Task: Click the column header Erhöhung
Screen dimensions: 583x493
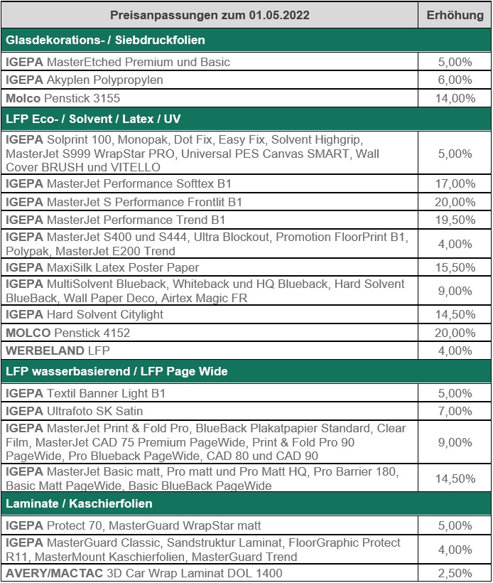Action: click(455, 16)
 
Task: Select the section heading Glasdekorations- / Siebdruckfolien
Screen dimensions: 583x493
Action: click(106, 41)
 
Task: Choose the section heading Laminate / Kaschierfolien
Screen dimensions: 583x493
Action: click(79, 503)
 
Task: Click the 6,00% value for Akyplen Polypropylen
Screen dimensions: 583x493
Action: click(455, 80)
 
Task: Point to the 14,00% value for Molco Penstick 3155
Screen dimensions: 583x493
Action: click(455, 98)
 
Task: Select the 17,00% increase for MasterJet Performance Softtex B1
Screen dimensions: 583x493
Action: click(455, 184)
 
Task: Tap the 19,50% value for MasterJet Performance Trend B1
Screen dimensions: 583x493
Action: click(455, 220)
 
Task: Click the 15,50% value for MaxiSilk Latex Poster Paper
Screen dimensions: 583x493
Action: click(455, 267)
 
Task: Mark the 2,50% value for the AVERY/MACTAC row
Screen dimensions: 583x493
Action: click(455, 573)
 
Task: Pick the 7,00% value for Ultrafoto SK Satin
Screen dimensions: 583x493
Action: click(455, 411)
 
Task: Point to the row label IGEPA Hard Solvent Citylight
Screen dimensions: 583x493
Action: click(85, 314)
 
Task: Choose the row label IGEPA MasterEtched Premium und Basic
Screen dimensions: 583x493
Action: click(118, 62)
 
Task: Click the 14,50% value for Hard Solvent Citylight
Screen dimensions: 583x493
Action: click(455, 314)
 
